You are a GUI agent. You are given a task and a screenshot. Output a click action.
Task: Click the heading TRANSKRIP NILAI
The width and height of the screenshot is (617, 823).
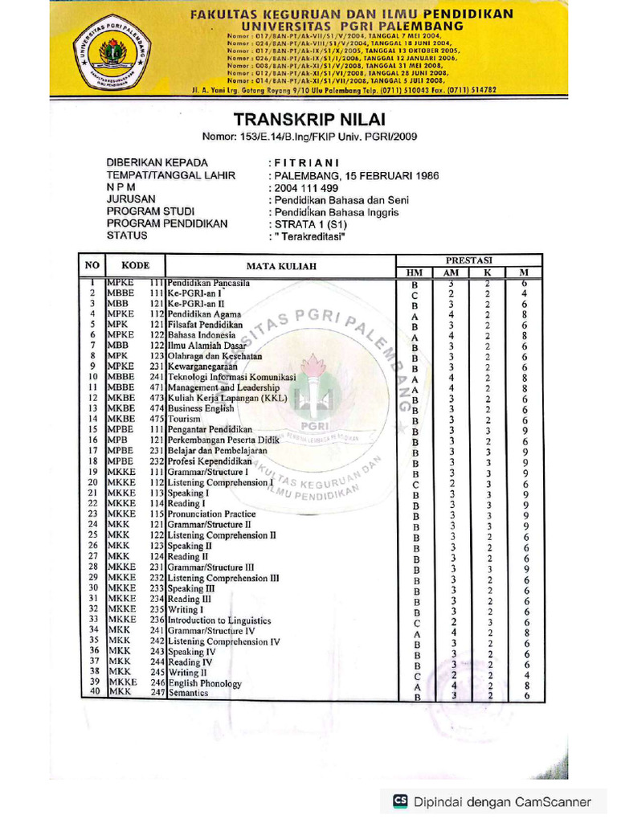tap(309, 120)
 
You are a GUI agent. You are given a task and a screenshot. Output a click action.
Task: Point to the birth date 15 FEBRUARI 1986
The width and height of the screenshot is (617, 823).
tap(394, 175)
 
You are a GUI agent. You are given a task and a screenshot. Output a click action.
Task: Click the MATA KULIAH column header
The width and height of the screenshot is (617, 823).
tap(281, 266)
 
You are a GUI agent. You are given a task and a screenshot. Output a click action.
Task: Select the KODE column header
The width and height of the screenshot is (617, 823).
tap(135, 265)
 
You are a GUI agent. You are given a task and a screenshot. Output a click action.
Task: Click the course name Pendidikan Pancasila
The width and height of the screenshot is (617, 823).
tap(208, 283)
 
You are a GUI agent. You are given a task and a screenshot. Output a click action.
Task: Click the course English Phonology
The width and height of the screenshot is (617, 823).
tap(205, 683)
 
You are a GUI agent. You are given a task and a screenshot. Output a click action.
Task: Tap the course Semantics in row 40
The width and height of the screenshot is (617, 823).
tap(189, 693)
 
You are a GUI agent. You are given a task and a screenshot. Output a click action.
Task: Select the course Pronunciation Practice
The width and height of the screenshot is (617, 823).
tap(212, 514)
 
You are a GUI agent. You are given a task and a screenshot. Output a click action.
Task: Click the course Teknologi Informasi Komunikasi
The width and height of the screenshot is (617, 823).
tap(231, 376)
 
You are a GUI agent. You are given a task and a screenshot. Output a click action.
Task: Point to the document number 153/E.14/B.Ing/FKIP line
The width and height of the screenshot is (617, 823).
tap(309, 137)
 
